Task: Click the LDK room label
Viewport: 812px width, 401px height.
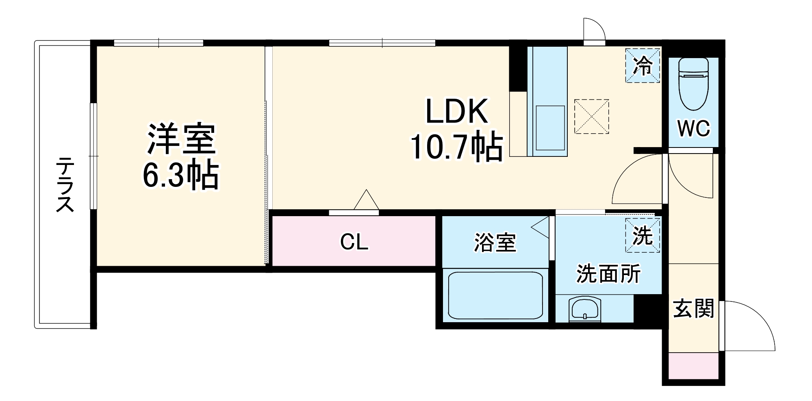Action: [x=456, y=111]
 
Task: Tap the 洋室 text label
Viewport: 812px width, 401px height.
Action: [x=181, y=139]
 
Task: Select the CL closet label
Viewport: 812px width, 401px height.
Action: [x=354, y=242]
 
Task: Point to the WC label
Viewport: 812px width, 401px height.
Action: [x=693, y=129]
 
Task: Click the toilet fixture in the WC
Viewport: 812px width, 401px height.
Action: [x=693, y=83]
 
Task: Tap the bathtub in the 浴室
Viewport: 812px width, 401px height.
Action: [x=495, y=295]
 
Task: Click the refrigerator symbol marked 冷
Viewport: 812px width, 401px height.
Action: [x=642, y=65]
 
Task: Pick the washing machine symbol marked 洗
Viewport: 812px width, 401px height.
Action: [x=642, y=235]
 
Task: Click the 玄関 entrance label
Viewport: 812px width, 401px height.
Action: [x=693, y=309]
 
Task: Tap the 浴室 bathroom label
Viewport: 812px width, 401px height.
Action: [x=495, y=243]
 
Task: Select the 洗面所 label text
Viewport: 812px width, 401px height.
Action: [x=608, y=273]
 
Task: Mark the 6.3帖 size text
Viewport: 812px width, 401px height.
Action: [x=181, y=176]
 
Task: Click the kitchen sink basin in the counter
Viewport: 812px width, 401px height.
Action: [x=550, y=128]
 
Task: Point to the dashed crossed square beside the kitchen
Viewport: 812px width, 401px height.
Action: [x=591, y=116]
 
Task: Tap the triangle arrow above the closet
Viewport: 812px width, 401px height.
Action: [x=366, y=200]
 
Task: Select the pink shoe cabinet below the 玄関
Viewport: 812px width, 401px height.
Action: [x=693, y=366]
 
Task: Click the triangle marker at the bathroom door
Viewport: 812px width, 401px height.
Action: [x=541, y=228]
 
